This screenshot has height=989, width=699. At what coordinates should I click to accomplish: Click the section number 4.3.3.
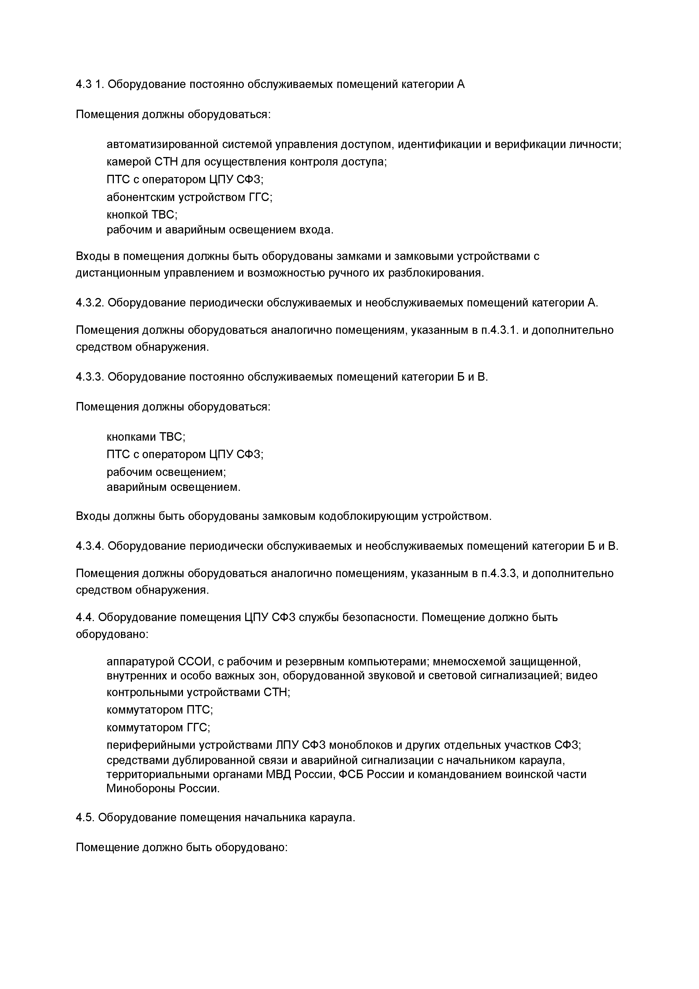90,377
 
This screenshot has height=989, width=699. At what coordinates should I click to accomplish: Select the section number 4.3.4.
90,546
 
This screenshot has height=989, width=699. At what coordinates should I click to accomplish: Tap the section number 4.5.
85,818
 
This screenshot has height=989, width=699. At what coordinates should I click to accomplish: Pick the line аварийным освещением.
173,487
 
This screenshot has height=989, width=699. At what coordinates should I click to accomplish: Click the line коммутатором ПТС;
160,709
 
